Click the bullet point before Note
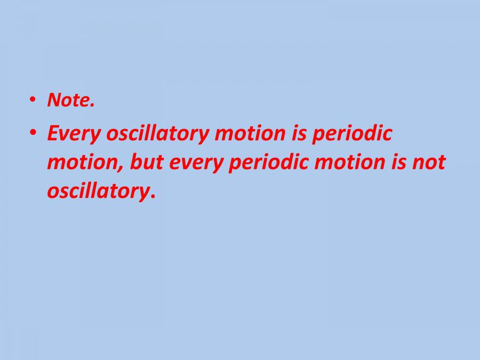tap(33, 99)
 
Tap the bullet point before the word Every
tap(33, 132)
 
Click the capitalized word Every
tap(74, 134)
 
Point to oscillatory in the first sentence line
tap(157, 134)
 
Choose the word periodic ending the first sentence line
tap(351, 134)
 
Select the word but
tap(145, 162)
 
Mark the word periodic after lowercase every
tap(269, 163)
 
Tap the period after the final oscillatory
tap(153, 196)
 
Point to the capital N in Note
tap(53, 100)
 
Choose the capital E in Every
tap(52, 133)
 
